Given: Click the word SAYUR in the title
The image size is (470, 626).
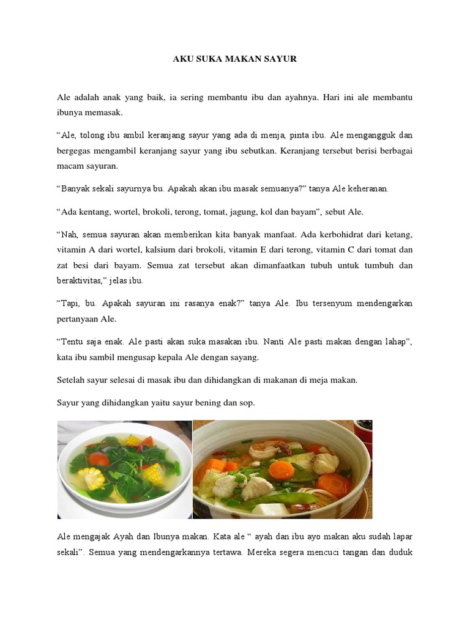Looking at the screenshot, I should point(281,59).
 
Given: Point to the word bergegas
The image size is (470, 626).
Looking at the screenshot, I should point(75,150).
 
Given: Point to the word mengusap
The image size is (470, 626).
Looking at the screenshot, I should point(155,357).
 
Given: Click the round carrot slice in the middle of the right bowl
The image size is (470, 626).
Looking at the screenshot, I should point(282,471).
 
